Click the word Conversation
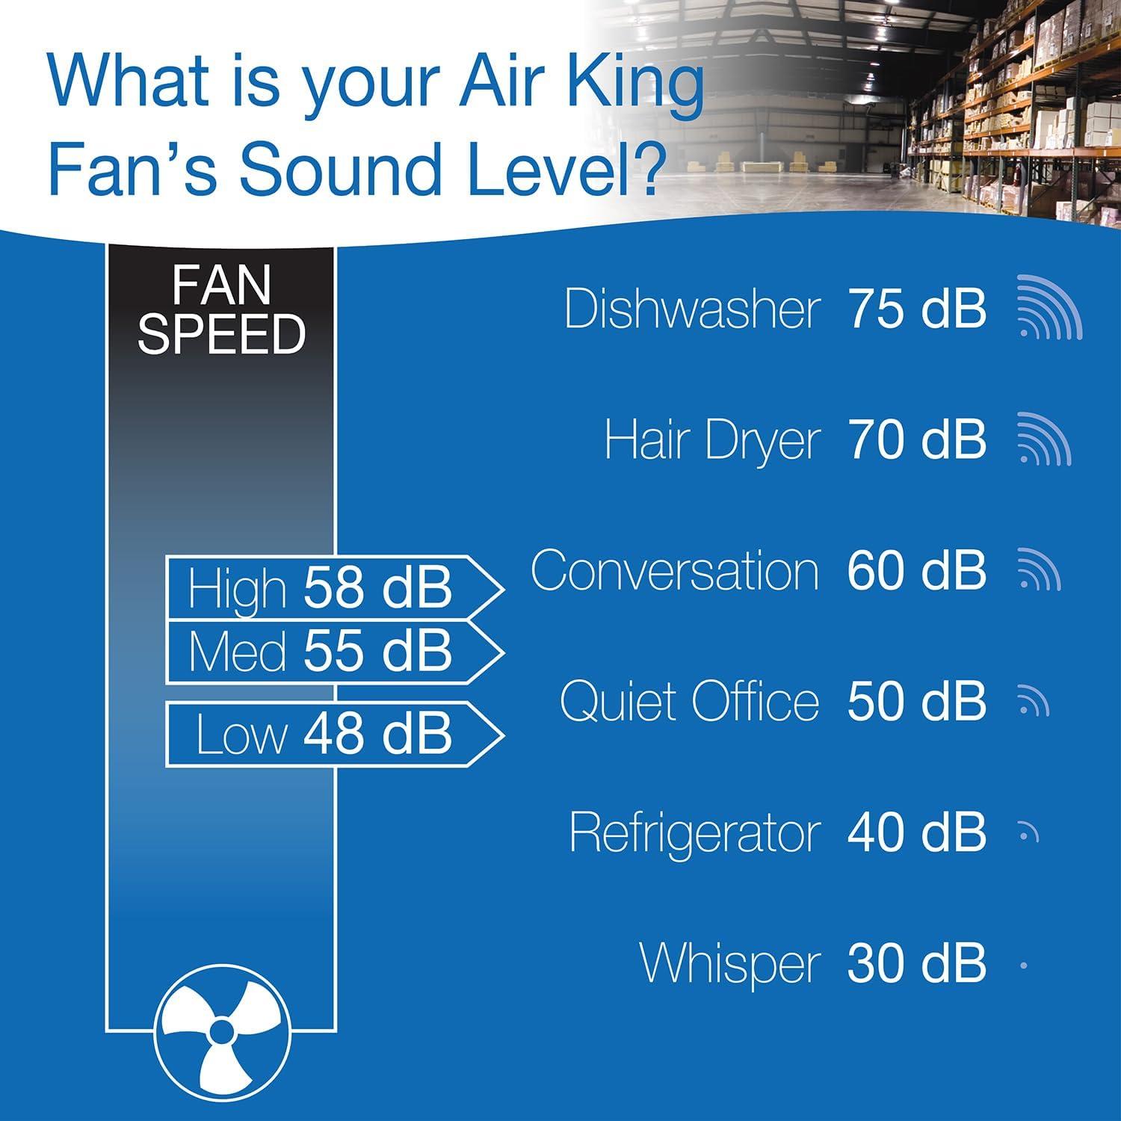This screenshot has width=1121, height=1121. point(675,571)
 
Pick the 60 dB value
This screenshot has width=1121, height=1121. point(917,571)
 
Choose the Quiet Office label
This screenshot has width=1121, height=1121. point(689,702)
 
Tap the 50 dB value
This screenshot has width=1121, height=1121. point(917,702)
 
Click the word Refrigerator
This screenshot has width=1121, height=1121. point(694,833)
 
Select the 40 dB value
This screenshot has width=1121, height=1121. point(917,833)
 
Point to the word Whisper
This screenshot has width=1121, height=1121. point(730,964)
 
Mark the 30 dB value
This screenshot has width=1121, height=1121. point(917,964)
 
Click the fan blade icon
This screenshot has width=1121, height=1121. point(221,1032)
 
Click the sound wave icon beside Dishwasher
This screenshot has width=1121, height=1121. point(1049,307)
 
